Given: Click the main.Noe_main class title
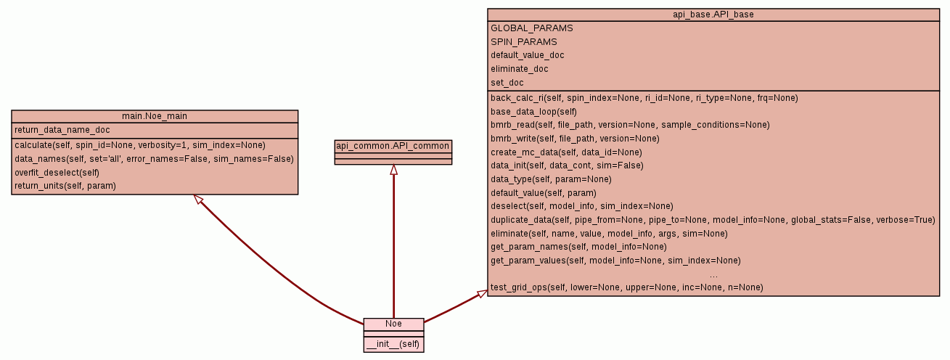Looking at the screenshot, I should [155, 116].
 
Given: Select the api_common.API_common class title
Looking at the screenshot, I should [393, 146].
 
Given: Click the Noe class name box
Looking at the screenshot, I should [393, 324].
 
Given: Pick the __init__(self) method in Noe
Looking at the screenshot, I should [393, 343].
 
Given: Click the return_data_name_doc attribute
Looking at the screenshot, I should [62, 131].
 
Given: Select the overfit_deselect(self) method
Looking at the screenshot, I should [57, 172].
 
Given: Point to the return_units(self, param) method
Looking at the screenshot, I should [65, 186].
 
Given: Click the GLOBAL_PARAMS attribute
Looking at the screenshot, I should [531, 28].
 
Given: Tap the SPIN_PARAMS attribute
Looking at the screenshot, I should [523, 42].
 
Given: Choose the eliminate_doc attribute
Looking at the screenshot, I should [520, 69].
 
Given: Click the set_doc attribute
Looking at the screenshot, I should [507, 83].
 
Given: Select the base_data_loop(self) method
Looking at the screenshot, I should [533, 111].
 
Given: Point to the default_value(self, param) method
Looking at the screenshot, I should [543, 192].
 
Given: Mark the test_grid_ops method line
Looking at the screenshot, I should [627, 287].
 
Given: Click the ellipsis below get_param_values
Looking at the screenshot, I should [713, 274].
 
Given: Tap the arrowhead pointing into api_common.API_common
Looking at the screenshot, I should [393, 170].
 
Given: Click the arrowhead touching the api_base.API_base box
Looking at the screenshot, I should [482, 293].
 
